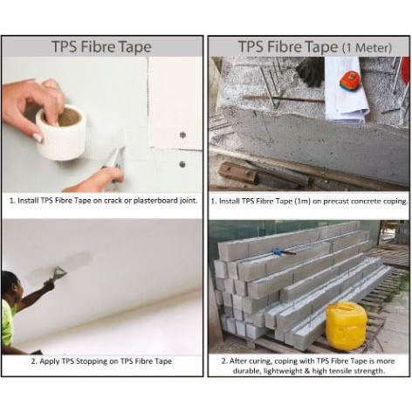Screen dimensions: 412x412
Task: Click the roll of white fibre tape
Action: pos(61,133)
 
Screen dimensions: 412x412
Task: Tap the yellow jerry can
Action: pos(346,326)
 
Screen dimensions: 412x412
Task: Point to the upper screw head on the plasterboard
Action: pos(182,134)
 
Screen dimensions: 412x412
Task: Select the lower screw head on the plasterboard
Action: pos(182,164)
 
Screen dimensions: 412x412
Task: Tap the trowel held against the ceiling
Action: pos(59,271)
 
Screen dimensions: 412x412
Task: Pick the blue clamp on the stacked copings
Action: pos(281,251)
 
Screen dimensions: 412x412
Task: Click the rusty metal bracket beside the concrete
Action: pos(238,173)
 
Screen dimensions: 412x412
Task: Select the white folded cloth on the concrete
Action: pos(347,89)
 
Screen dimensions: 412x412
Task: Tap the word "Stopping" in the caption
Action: pos(92,361)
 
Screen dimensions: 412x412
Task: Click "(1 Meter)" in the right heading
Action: pos(367,47)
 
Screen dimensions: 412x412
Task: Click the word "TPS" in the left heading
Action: pos(65,47)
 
